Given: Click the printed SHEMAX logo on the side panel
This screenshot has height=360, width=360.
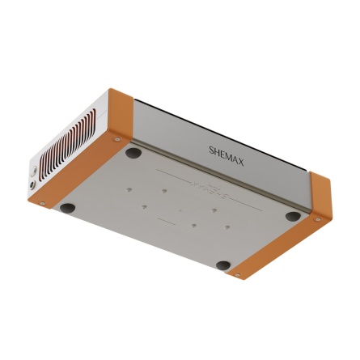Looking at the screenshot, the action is click(227, 156).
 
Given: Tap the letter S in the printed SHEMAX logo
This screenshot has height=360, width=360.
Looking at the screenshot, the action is click(212, 150).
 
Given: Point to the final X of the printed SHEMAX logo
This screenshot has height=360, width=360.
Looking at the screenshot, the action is click(240, 163).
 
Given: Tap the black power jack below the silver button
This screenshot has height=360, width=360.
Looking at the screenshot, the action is click(32, 184).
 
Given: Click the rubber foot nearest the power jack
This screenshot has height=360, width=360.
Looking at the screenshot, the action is click(67, 208).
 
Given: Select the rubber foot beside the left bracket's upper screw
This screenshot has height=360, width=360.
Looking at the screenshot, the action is click(133, 153).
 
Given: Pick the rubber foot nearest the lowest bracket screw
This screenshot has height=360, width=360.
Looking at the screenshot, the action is click(223, 265).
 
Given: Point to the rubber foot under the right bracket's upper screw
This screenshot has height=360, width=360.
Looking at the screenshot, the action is click(293, 216).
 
